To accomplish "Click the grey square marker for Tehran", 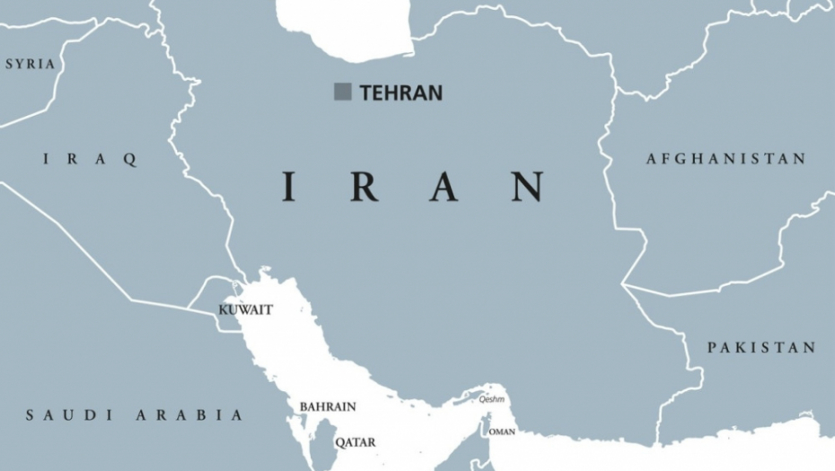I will coord(342,92).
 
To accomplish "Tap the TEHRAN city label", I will coord(400,92).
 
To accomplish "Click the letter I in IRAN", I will coord(289,187).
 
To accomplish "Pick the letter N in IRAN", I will coord(528,187).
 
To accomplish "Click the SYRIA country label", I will coord(30,64).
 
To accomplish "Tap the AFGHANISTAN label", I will coord(725,159).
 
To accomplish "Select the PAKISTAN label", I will coord(761,347).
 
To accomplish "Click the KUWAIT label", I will coord(245,310).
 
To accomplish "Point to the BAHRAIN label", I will coord(327,406).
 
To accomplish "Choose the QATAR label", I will coord(355,441).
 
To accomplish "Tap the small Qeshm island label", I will coord(491,399).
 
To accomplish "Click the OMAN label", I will coord(502,432).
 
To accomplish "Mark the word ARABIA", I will coord(189,414).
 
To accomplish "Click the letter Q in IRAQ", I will coord(131,160).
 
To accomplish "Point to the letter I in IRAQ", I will coord(47,160).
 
